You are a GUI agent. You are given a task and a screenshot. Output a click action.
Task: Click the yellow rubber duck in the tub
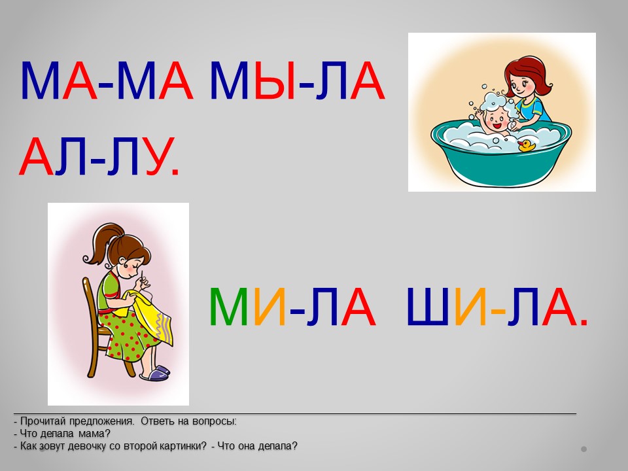[x=527, y=145]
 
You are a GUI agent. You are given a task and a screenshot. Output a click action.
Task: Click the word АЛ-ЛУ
[x=99, y=156]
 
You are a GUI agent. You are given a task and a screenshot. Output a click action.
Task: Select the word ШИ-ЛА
[x=497, y=307]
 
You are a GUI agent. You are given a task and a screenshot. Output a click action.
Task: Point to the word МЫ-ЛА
[x=297, y=80]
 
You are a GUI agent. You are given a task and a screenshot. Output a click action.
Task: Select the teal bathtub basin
[x=501, y=154]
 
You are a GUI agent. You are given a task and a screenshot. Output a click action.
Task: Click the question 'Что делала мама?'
[x=65, y=434]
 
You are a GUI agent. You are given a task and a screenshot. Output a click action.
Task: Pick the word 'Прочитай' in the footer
[x=43, y=421]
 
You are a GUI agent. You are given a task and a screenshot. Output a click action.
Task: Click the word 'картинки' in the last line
[x=183, y=446]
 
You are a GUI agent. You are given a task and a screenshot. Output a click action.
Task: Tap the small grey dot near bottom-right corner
[x=584, y=449]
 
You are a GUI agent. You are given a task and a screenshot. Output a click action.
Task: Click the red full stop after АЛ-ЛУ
[x=174, y=172]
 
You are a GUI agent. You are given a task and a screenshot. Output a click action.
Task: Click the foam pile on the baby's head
[x=497, y=102]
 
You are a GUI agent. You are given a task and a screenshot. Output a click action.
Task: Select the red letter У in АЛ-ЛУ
[x=156, y=156]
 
